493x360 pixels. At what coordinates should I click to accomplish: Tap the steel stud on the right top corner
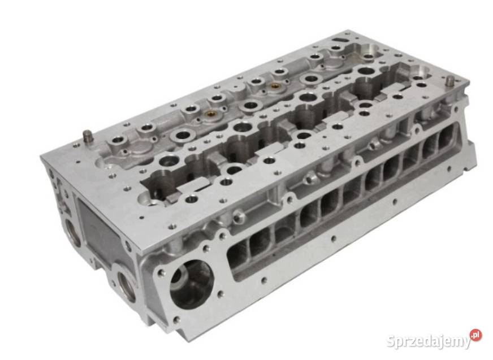[449, 82]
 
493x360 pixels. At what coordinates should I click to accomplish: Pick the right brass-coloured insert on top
[275, 85]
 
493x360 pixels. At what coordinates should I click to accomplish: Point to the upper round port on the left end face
[72, 232]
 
